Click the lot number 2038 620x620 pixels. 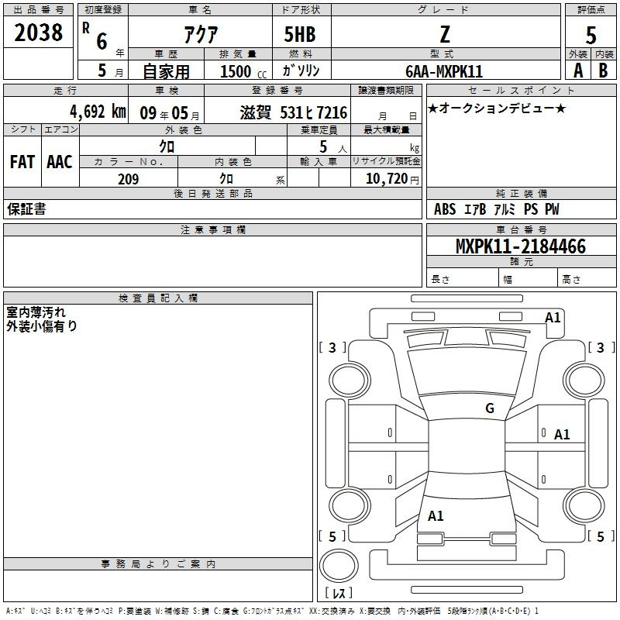(38, 33)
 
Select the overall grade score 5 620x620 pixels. (591, 35)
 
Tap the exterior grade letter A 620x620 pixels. (578, 71)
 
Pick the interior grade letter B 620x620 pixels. (603, 71)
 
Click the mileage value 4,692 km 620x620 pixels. (98, 112)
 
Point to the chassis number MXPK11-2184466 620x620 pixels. (521, 246)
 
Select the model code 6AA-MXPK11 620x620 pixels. (444, 71)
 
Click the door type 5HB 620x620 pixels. (300, 34)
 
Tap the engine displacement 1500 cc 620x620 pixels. (243, 71)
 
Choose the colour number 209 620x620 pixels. (128, 179)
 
